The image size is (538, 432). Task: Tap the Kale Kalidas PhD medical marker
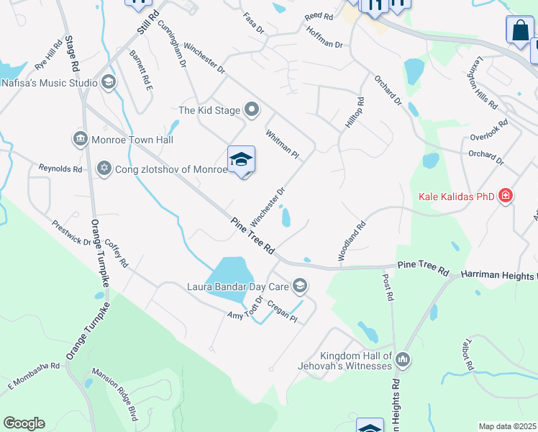tap(506, 196)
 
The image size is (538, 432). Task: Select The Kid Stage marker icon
tap(252, 110)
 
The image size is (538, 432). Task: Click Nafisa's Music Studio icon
tap(108, 82)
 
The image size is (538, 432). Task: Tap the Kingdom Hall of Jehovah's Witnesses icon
tap(402, 359)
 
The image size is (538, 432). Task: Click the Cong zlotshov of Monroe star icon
tap(104, 168)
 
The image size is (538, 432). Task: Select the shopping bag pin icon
tap(519, 31)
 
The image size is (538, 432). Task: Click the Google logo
tap(24, 423)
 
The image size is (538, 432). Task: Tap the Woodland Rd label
tap(353, 241)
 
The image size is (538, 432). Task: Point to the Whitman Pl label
tap(281, 143)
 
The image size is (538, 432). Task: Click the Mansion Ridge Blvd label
tap(114, 395)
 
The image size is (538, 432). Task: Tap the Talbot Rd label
tap(470, 355)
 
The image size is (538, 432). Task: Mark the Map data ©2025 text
tap(507, 426)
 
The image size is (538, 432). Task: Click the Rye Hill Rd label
tap(49, 55)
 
